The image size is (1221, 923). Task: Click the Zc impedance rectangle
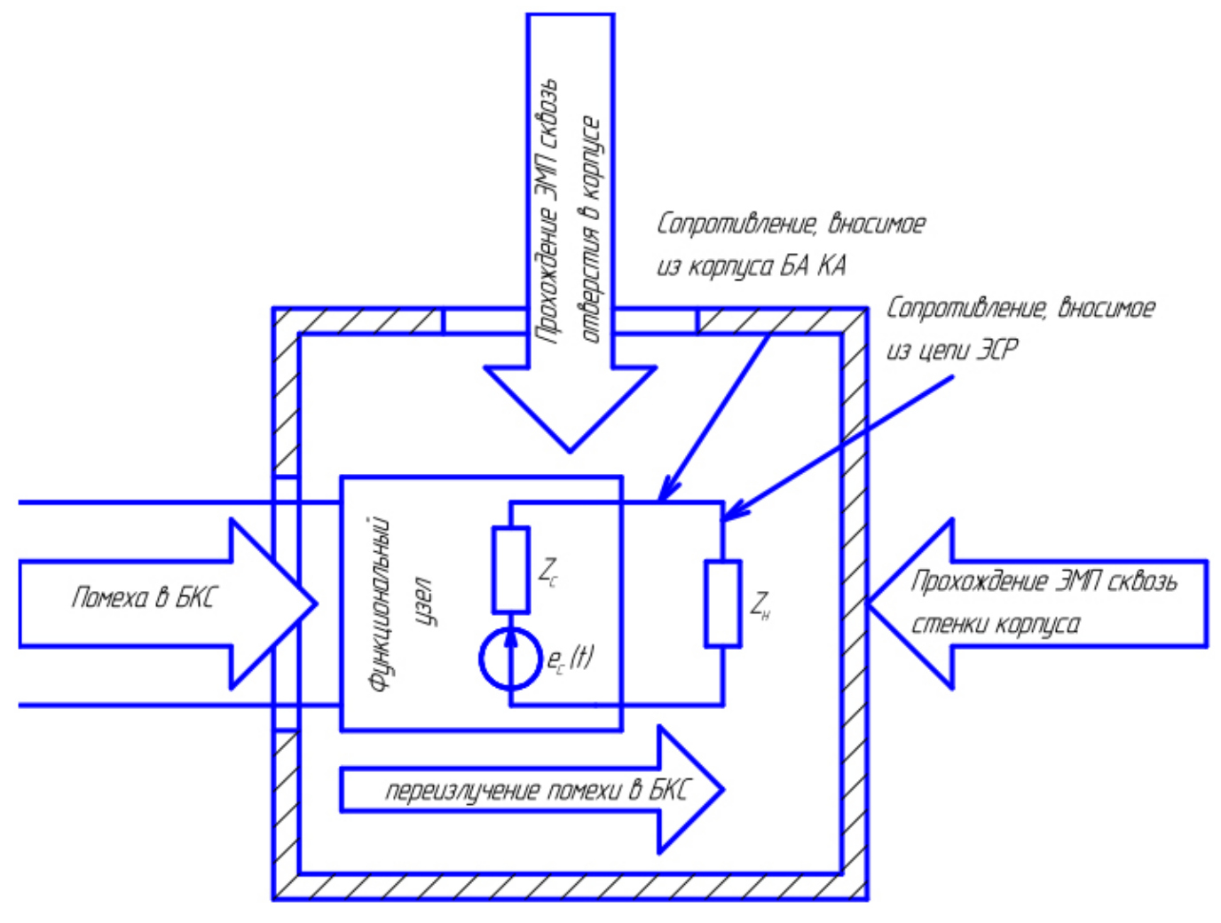[510, 569]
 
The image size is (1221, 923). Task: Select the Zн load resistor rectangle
[723, 603]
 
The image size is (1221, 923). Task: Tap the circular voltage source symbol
[510, 659]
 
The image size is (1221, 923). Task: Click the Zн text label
[760, 606]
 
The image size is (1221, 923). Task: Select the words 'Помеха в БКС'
[143, 597]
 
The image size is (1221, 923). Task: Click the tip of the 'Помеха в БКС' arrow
[315, 603]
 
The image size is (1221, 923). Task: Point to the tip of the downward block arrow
[570, 450]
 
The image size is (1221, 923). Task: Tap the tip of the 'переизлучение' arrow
[722, 789]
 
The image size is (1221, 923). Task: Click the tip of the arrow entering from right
[870, 603]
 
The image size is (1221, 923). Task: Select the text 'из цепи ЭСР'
[952, 350]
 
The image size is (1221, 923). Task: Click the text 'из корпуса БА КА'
[751, 265]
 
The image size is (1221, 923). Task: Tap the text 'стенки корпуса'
[996, 625]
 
